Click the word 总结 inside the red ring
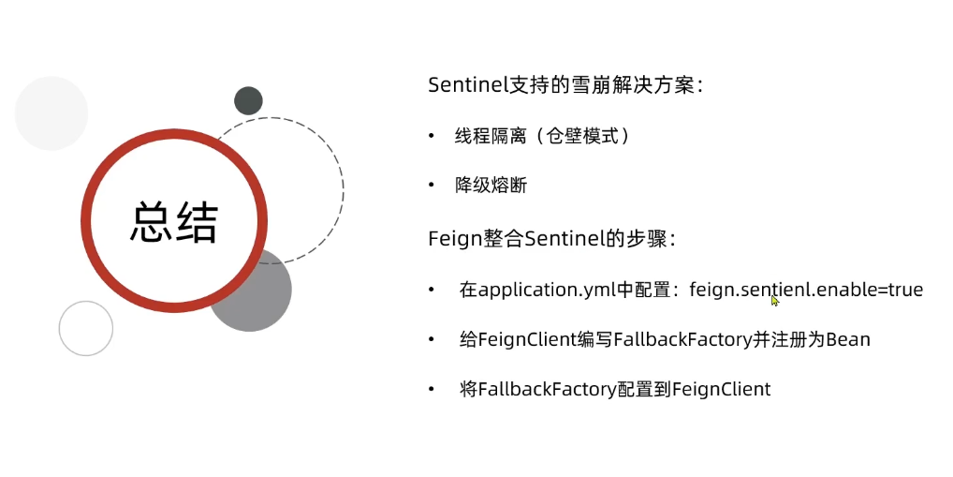174,223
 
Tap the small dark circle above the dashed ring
248,100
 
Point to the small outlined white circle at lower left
86,328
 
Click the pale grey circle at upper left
51,113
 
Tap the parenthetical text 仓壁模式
592,136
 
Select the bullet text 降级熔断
491,186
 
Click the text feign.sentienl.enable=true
806,290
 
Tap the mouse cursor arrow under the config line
775,301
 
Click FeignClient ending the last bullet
721,389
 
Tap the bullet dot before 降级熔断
432,186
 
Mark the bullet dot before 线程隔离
432,136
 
